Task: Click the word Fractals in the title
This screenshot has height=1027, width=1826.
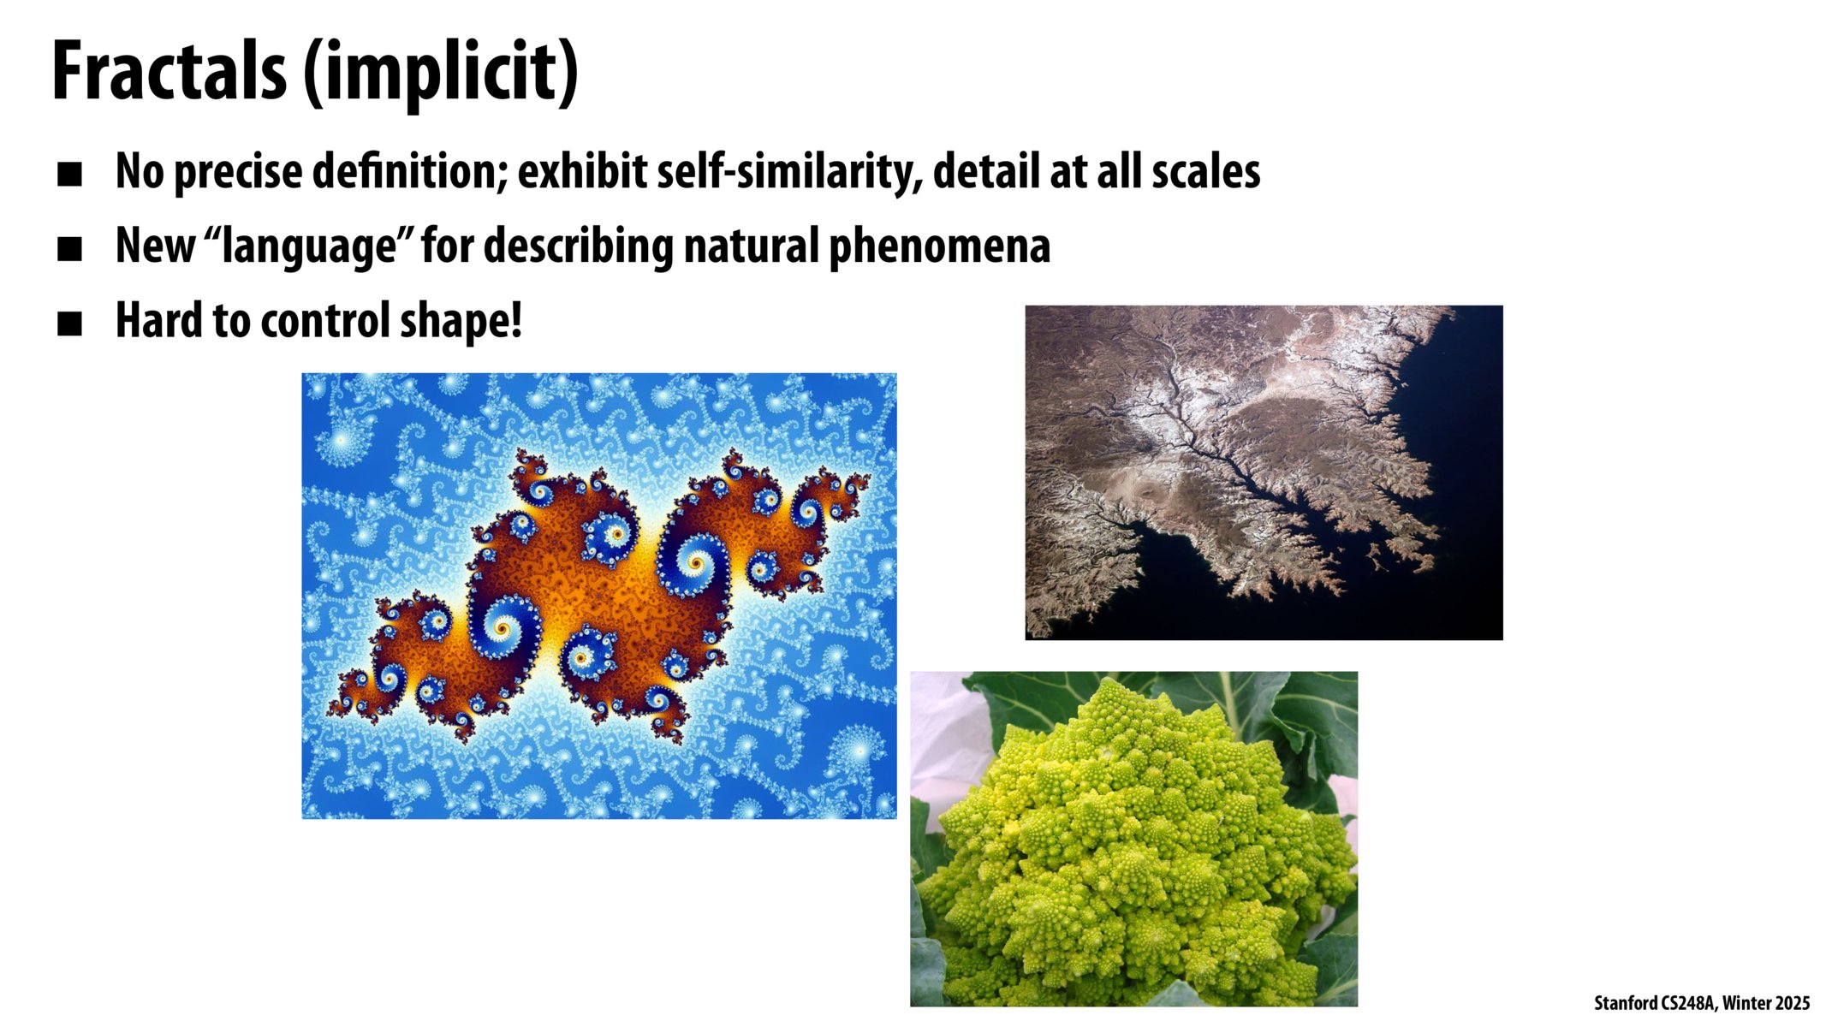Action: pos(169,72)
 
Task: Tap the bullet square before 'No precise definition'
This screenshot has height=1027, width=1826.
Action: pos(69,175)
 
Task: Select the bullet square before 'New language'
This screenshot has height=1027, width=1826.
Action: pos(69,249)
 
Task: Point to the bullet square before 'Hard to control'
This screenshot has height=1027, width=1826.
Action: pos(69,324)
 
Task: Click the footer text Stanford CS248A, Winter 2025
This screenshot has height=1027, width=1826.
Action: pos(1701,1003)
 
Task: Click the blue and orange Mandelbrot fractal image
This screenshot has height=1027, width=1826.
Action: pos(598,596)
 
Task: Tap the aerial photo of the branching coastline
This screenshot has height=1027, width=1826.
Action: pos(1264,472)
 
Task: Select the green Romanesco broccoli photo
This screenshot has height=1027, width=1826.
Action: pos(1133,839)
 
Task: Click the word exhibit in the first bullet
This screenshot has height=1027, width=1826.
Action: pos(582,172)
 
